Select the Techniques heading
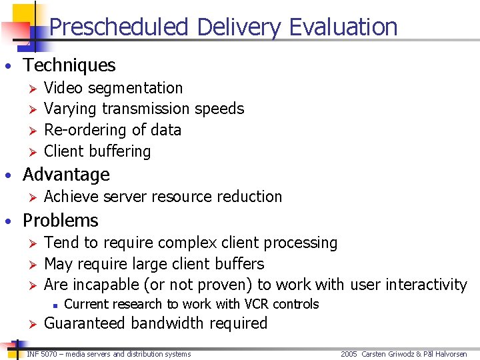(x=69, y=65)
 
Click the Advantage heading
(x=66, y=175)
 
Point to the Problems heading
(x=60, y=221)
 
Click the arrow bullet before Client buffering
(x=29, y=152)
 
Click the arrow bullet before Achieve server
(x=29, y=197)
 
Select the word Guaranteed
(x=85, y=323)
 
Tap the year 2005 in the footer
(x=349, y=354)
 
